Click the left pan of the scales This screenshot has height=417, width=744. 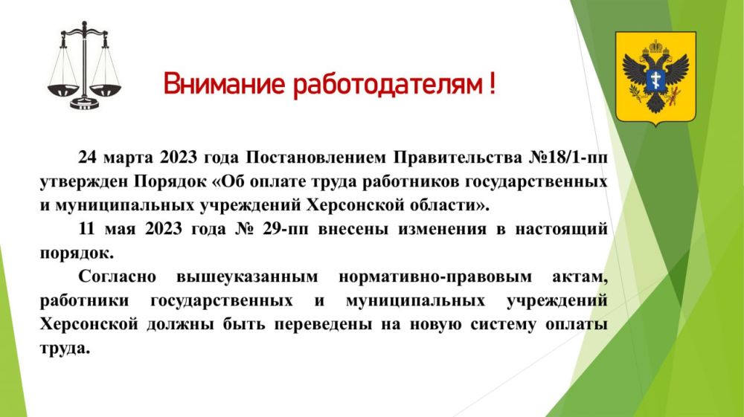pyautogui.click(x=62, y=88)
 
